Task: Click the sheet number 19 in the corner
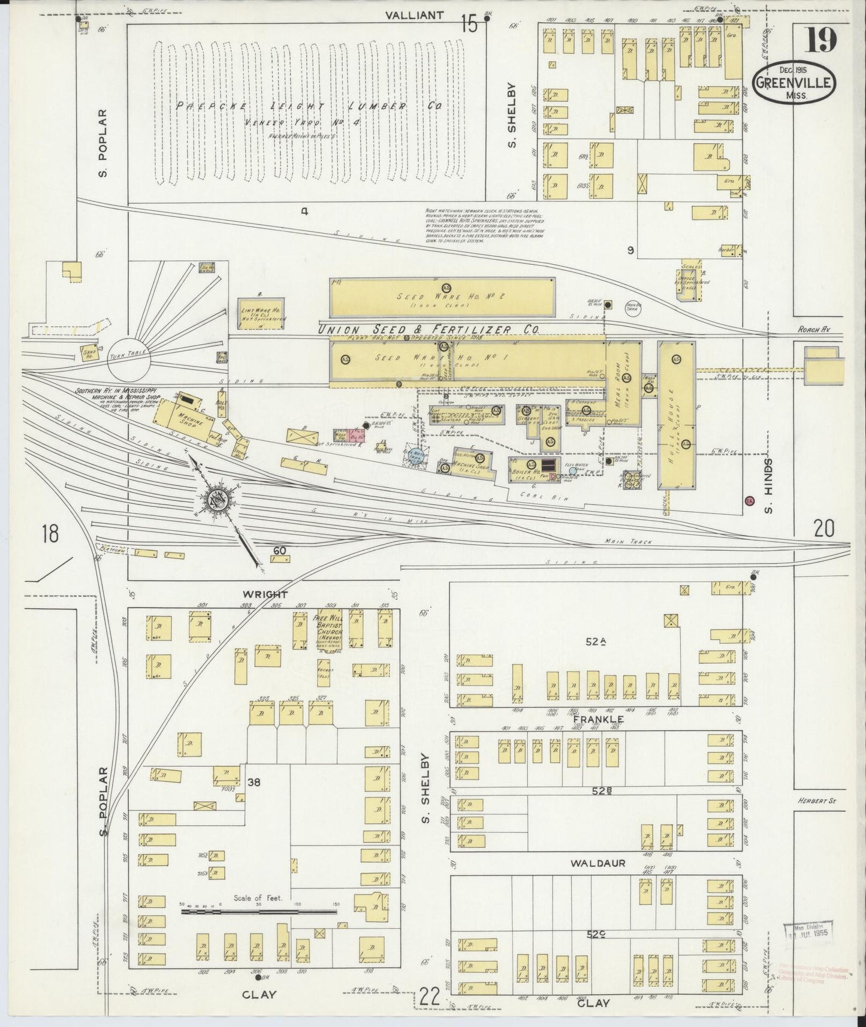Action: pos(820,41)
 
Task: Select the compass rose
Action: pos(216,499)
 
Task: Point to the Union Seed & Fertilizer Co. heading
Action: pos(429,330)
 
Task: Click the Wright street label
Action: pos(265,594)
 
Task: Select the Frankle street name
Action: pos(598,719)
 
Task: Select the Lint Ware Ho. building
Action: pos(261,313)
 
